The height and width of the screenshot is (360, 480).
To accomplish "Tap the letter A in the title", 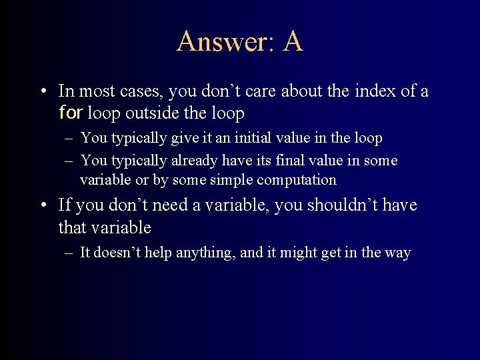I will coord(293,41).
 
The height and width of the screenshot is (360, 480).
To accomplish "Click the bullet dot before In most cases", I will coord(43,91).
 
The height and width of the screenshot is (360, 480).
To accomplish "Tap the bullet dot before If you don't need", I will coord(43,206).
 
